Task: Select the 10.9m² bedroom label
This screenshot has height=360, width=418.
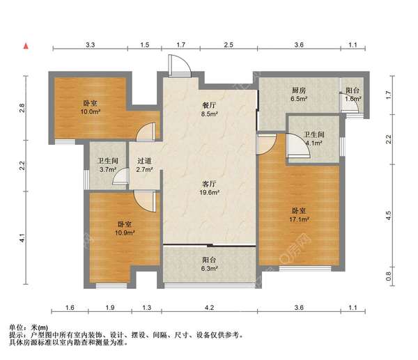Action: click(125, 230)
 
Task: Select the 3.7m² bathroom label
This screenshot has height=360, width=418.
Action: click(107, 164)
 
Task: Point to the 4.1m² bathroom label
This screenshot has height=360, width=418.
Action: click(312, 139)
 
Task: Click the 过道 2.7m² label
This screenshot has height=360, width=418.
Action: click(144, 164)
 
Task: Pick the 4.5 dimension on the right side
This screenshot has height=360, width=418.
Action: click(389, 214)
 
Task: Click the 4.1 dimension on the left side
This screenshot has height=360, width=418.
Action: click(23, 238)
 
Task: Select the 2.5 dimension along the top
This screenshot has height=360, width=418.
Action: click(228, 45)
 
